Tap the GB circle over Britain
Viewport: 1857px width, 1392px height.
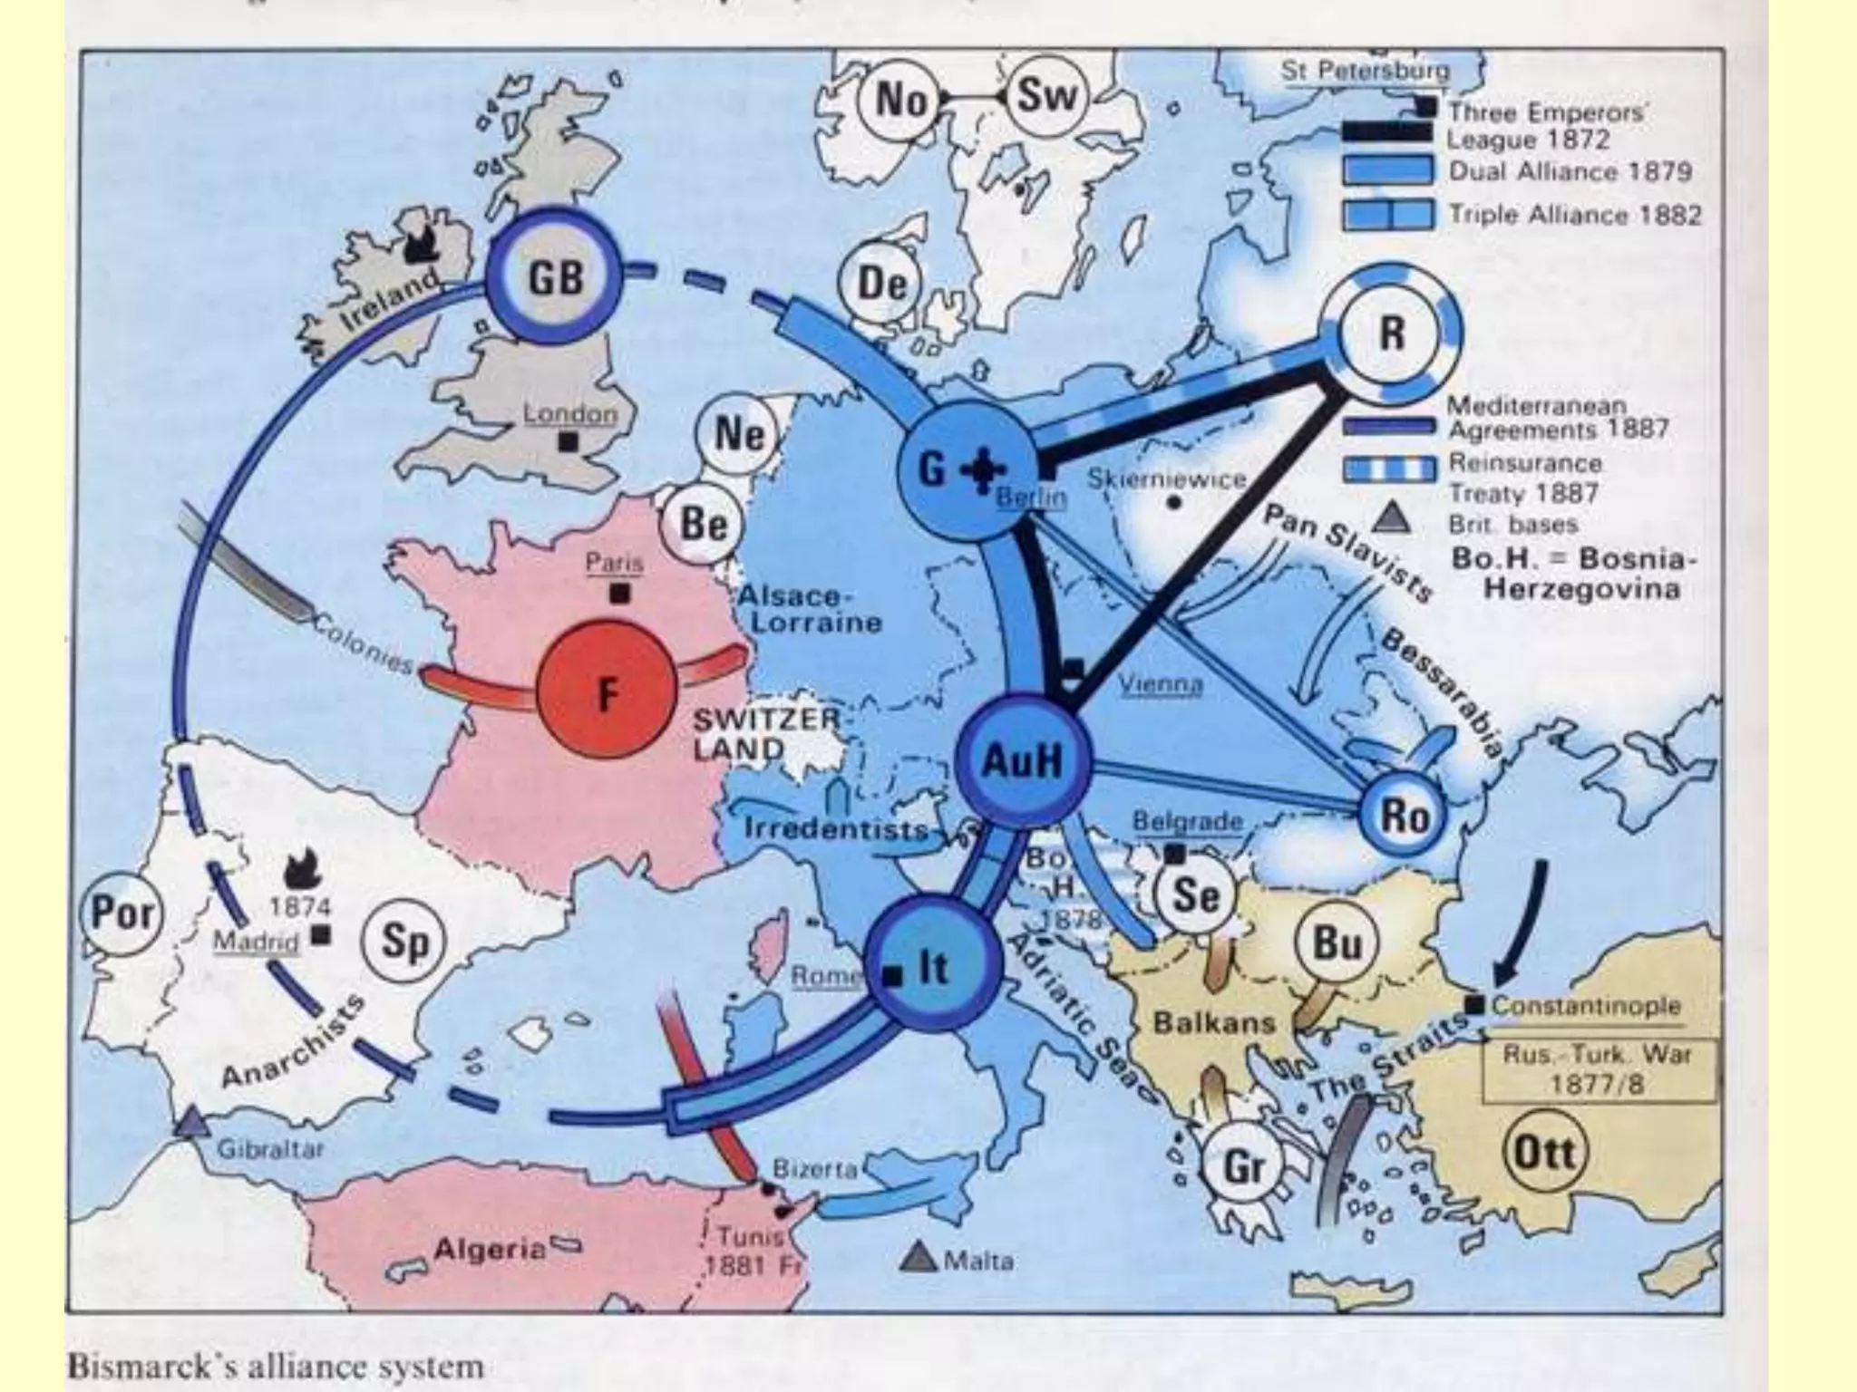click(556, 276)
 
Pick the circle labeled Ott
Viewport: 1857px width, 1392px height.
click(1545, 1153)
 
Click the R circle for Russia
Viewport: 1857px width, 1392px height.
click(1390, 334)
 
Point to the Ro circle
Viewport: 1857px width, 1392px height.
click(1404, 816)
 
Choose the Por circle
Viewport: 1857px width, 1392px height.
click(123, 913)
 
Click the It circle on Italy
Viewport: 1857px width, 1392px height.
click(932, 967)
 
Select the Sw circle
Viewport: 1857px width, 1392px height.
click(1045, 96)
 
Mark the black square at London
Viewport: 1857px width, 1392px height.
click(569, 442)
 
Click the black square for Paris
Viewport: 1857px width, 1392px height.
click(620, 594)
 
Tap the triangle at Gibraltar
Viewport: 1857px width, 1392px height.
click(192, 1124)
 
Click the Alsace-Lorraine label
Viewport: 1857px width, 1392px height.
click(809, 609)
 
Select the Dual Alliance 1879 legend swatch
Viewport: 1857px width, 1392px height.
click(1388, 170)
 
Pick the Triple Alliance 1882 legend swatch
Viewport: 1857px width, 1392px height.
click(1388, 215)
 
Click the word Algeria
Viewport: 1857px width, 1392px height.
click(490, 1250)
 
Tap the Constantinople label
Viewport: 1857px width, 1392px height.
click(1586, 1006)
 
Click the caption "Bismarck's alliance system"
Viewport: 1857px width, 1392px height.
click(276, 1366)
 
